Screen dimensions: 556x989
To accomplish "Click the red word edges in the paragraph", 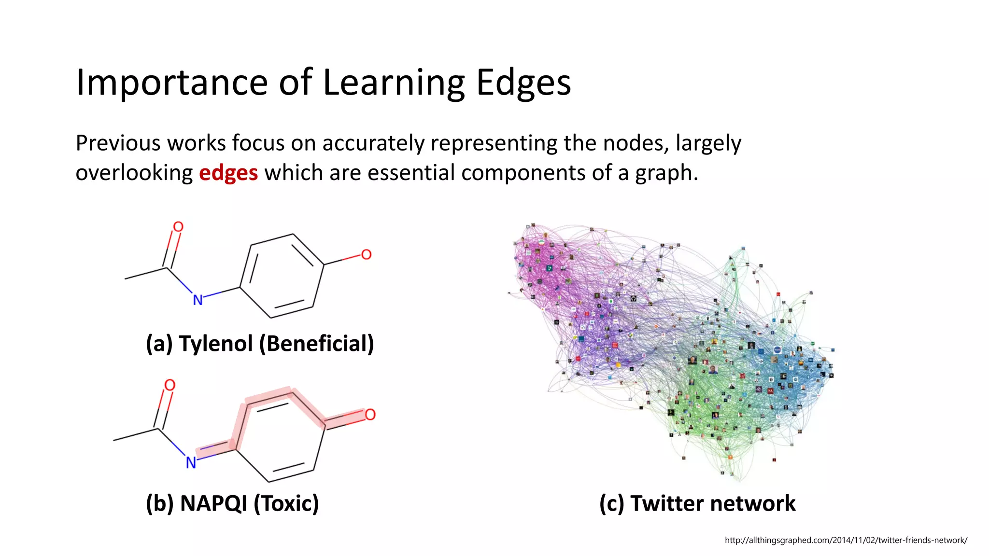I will tap(228, 173).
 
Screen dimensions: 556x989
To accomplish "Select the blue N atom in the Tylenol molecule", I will tap(198, 300).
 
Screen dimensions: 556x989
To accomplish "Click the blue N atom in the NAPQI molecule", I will tap(191, 463).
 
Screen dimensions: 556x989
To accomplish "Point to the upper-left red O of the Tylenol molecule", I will tap(178, 227).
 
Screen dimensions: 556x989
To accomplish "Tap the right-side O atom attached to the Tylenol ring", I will tap(366, 254).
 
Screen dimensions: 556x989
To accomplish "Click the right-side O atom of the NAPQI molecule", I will tap(370, 415).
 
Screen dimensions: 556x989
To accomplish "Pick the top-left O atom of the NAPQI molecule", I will tap(170, 385).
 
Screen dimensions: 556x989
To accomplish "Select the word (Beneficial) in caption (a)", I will tap(316, 344).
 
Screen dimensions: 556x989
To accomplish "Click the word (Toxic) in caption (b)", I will tap(286, 503).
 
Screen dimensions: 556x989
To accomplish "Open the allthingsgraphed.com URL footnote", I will tap(846, 540).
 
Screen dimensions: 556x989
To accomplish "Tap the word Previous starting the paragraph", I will tap(117, 143).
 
